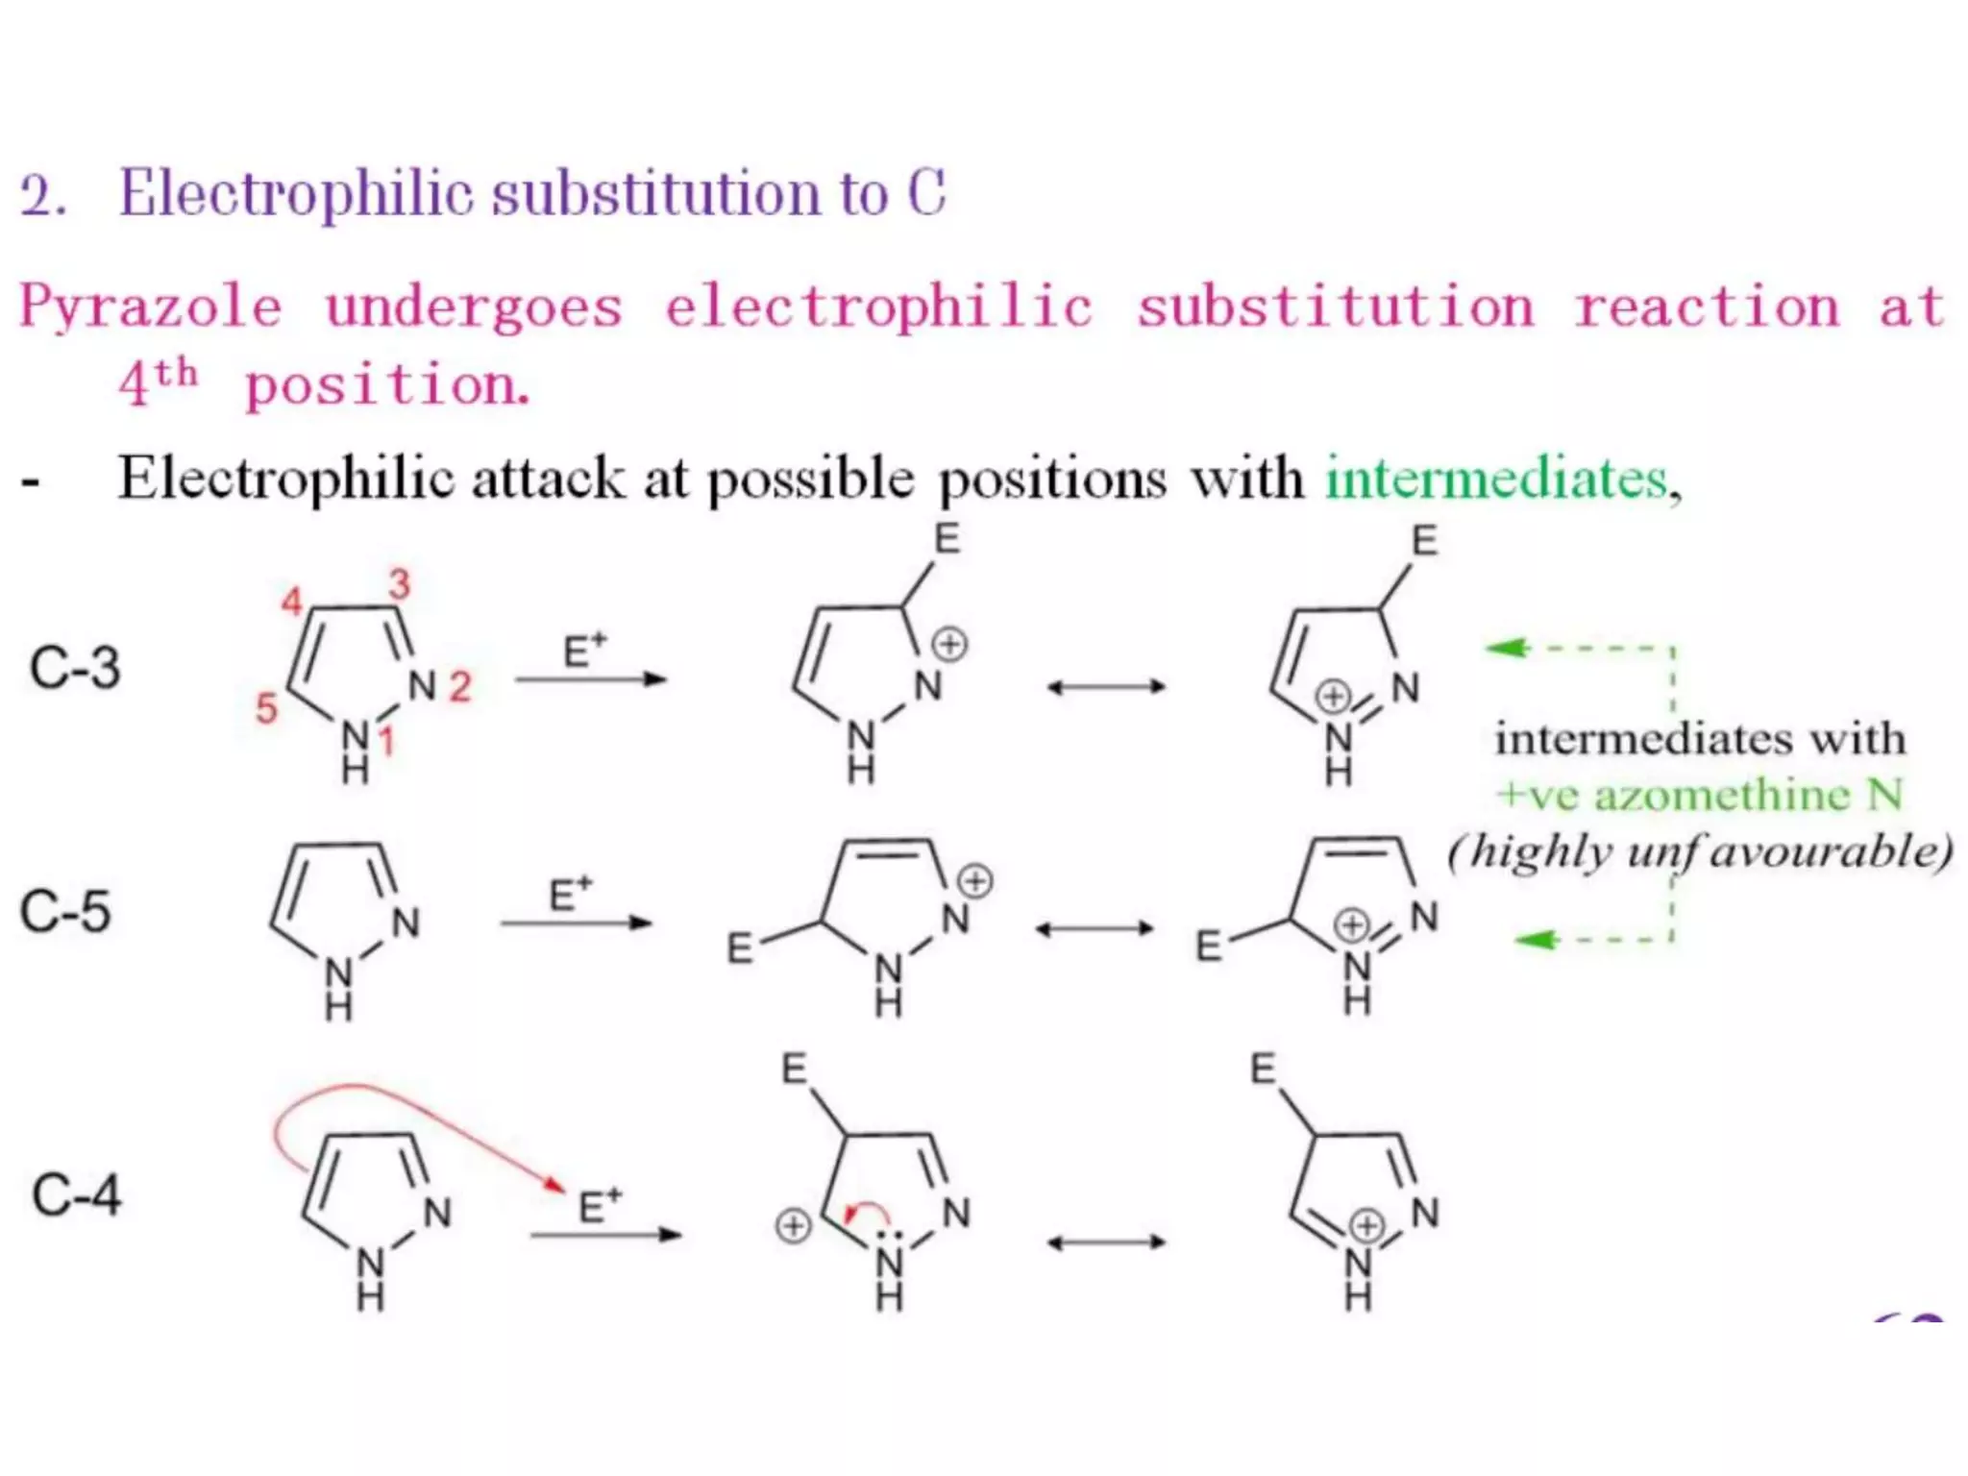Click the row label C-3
pyautogui.click(x=75, y=668)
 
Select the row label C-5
pyautogui.click(x=65, y=911)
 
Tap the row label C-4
pyautogui.click(x=76, y=1195)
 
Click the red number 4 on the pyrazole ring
pyautogui.click(x=291, y=603)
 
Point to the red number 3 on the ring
pyautogui.click(x=399, y=583)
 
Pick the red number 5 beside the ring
pyautogui.click(x=265, y=709)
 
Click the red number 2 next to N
pyautogui.click(x=460, y=686)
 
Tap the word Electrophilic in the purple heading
pyautogui.click(x=297, y=193)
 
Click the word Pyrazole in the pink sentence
pyautogui.click(x=151, y=307)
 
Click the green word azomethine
pyautogui.click(x=1721, y=795)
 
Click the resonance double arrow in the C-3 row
pyautogui.click(x=1106, y=686)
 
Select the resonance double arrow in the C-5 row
pyautogui.click(x=1095, y=928)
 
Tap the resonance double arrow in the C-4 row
pyautogui.click(x=1106, y=1242)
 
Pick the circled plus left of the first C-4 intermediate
pyautogui.click(x=793, y=1226)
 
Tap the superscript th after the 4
pyautogui.click(x=177, y=373)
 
